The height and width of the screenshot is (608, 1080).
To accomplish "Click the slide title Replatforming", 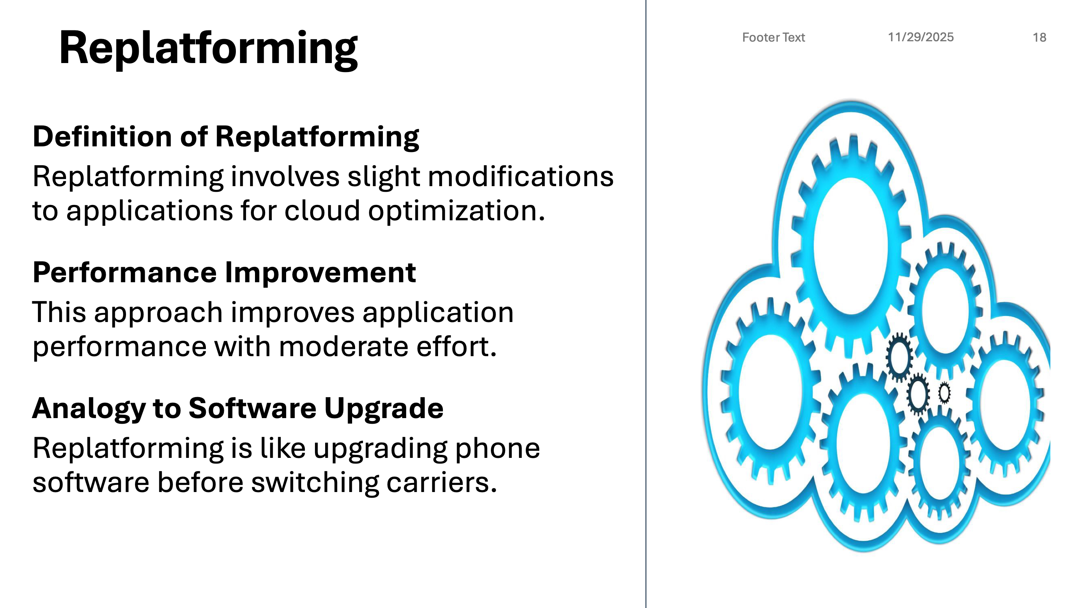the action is coord(208,49).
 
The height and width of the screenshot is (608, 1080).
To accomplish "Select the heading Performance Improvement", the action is coord(224,272).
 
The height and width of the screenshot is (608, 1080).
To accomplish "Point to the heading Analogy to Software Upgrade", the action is coord(238,408).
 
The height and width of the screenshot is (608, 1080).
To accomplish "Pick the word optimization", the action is coord(457,211).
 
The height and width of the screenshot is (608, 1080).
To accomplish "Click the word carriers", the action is coord(441,483).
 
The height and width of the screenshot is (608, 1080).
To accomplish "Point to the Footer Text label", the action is coord(774,38).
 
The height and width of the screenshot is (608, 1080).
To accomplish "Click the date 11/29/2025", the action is coord(921,38).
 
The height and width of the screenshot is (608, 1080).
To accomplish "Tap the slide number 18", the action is coord(1039,38).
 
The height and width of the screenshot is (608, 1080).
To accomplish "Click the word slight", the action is coord(384,177).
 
